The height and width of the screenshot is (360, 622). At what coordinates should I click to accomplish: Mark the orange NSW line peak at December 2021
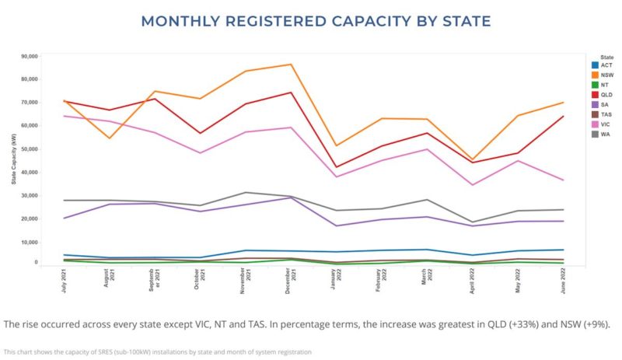click(291, 65)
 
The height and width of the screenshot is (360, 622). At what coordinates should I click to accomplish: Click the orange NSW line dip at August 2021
click(109, 138)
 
